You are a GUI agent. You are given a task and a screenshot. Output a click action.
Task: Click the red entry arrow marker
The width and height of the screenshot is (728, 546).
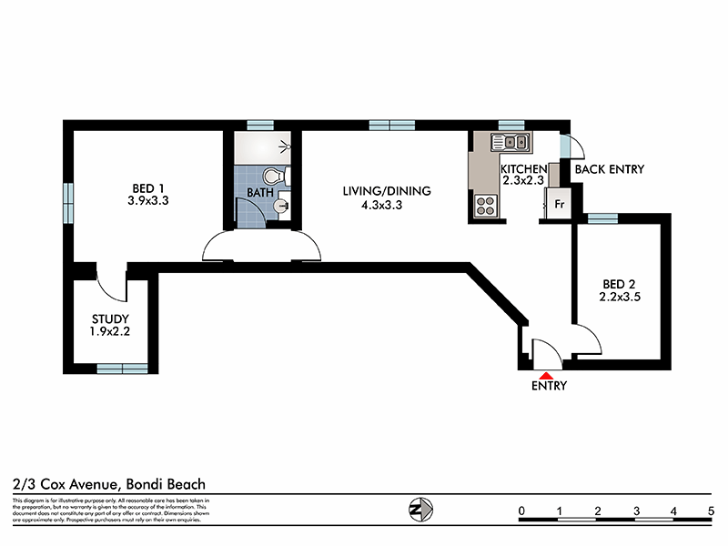pyautogui.click(x=545, y=373)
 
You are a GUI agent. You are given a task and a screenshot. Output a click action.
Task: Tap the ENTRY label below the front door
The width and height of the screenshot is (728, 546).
pyautogui.click(x=550, y=386)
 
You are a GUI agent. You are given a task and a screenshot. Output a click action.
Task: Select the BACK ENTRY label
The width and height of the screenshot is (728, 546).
pyautogui.click(x=609, y=169)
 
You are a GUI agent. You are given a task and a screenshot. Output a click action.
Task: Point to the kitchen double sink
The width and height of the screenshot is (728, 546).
pyautogui.click(x=511, y=141)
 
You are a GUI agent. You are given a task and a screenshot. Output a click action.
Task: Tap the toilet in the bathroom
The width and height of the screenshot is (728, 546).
pyautogui.click(x=273, y=176)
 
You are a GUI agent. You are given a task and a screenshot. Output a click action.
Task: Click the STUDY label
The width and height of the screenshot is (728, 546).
pyautogui.click(x=110, y=318)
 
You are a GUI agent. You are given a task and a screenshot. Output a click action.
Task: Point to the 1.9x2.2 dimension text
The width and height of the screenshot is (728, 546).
pyautogui.click(x=110, y=332)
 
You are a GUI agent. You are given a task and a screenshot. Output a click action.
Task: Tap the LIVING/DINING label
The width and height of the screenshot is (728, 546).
pyautogui.click(x=386, y=191)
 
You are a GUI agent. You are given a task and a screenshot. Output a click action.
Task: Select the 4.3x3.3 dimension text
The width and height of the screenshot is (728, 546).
pyautogui.click(x=382, y=206)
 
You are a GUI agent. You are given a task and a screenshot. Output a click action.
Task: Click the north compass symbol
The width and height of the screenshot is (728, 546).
pyautogui.click(x=420, y=510)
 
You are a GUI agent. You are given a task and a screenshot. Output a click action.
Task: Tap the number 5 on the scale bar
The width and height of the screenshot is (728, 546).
pyautogui.click(x=710, y=511)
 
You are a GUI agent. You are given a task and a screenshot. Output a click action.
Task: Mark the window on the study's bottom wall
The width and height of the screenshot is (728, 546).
pyautogui.click(x=122, y=367)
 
